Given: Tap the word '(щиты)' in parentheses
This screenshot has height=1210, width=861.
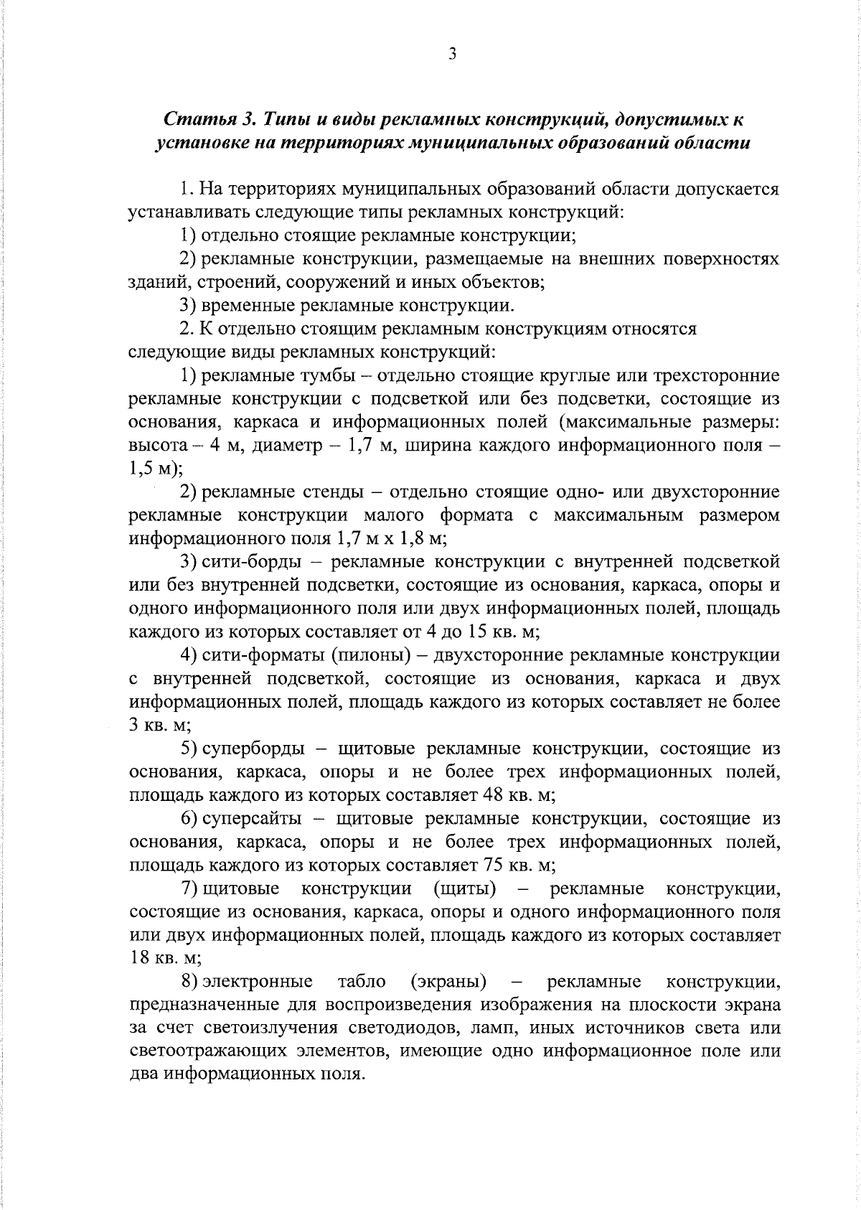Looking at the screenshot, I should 465,889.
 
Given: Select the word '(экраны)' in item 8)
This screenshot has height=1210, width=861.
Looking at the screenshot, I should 448,982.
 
